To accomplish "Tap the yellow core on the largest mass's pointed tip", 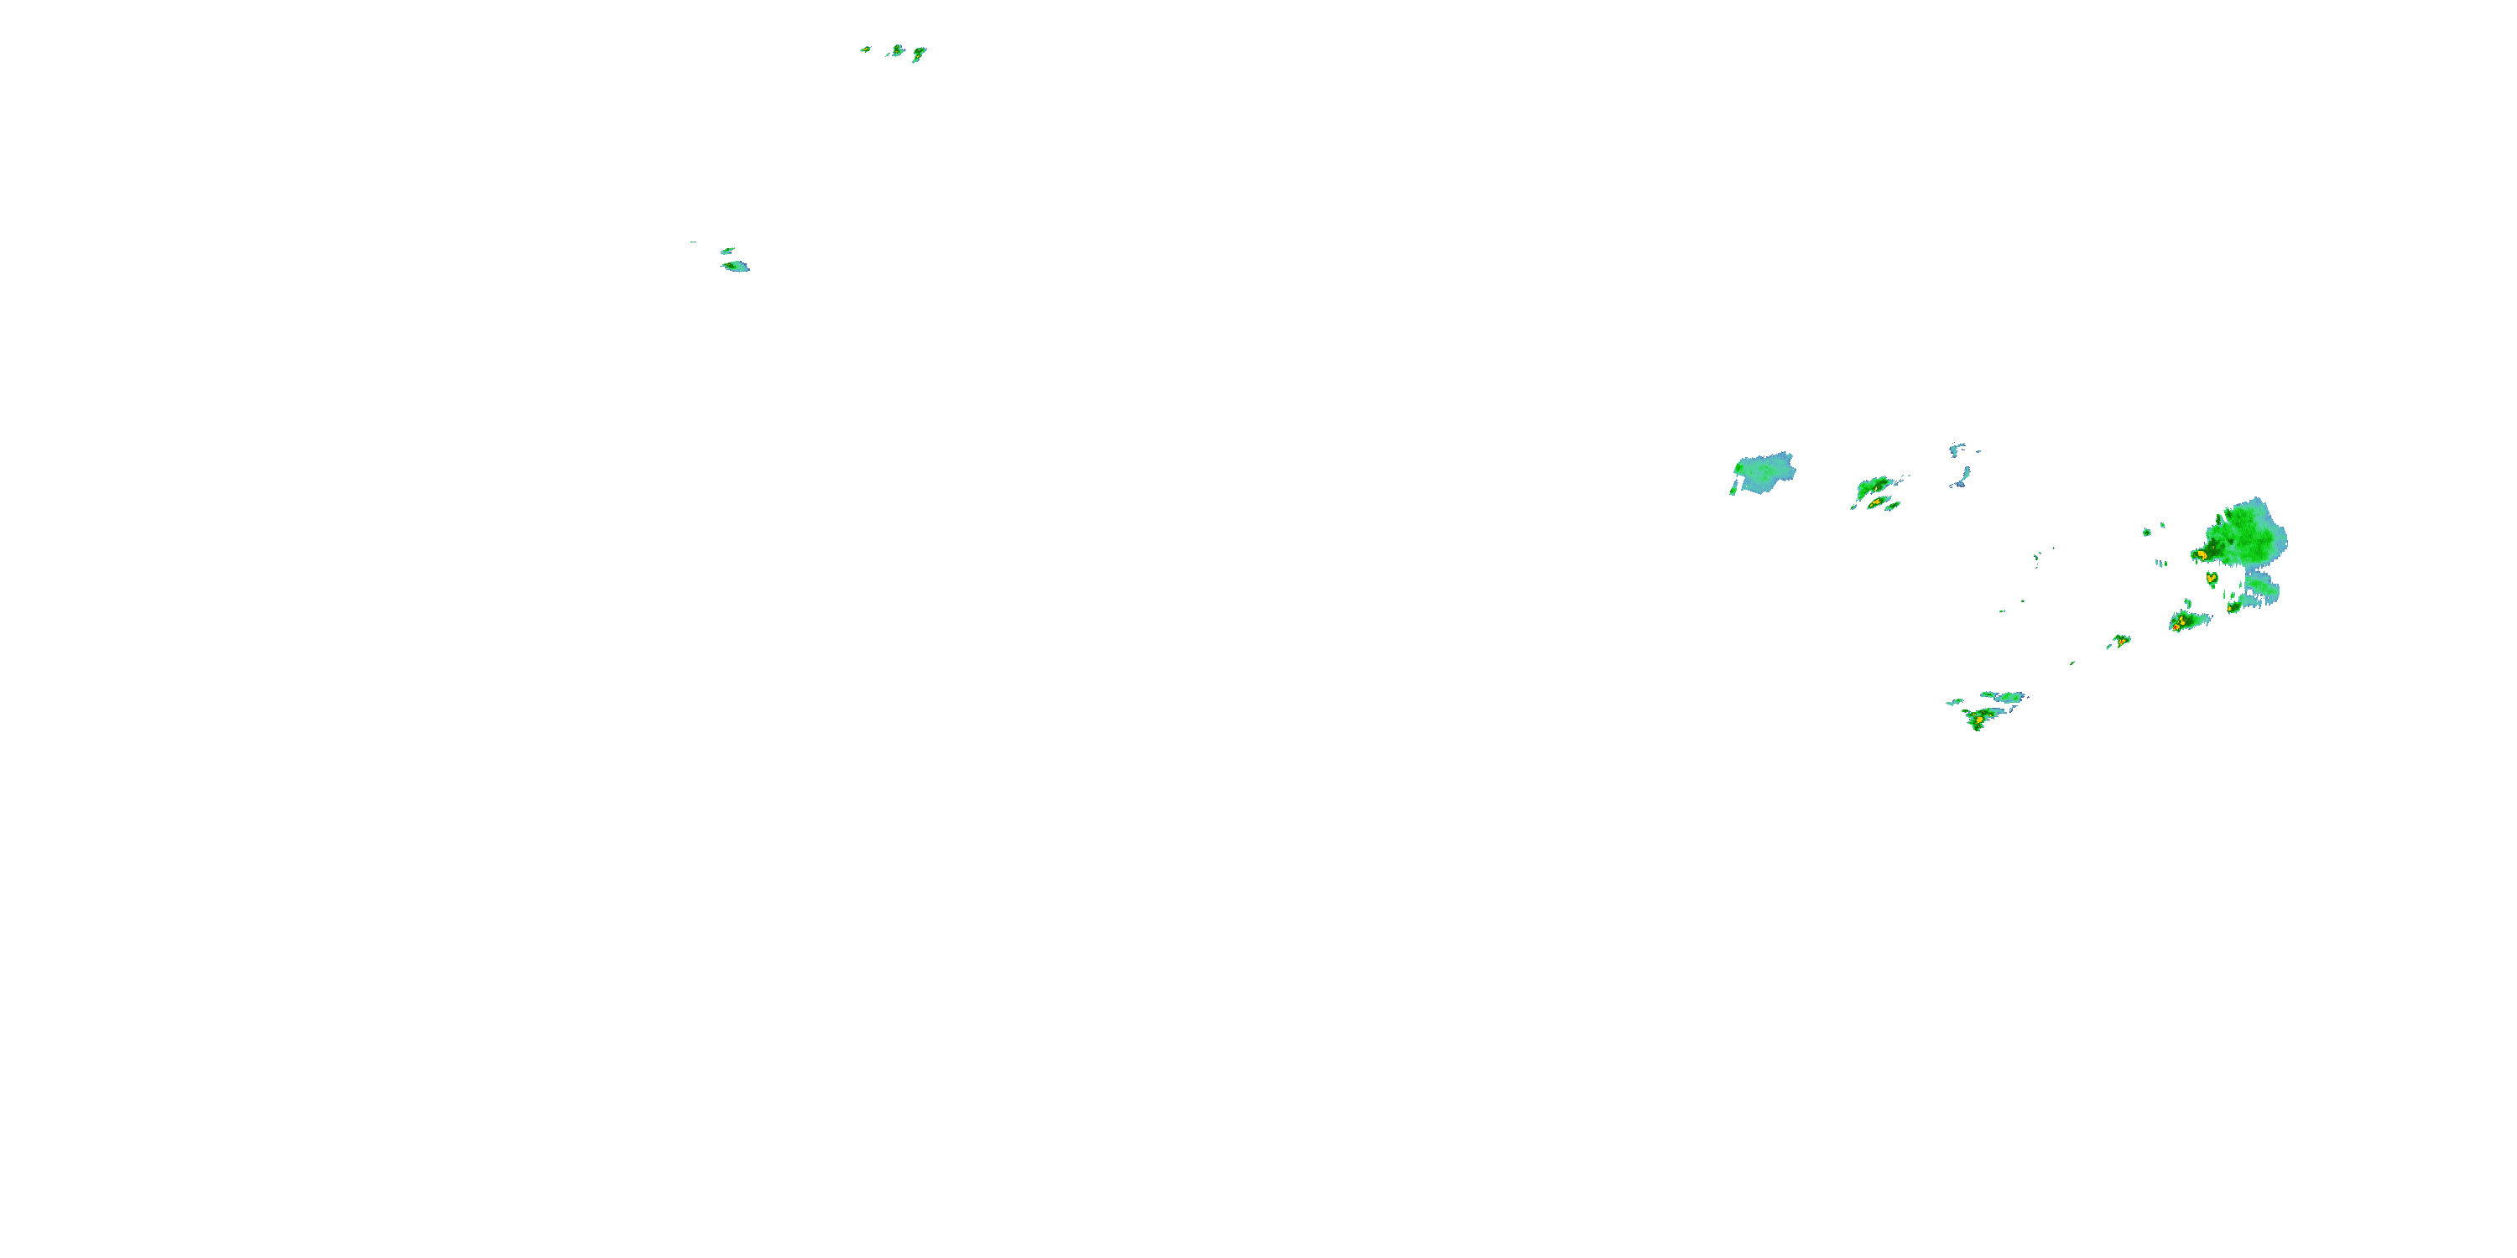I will [x=2201, y=554].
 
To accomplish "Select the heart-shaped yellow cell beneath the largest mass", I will [x=2211, y=578].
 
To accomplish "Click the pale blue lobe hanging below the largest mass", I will [x=2261, y=589].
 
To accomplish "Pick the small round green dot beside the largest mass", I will [x=2148, y=533].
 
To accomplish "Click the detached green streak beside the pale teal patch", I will [x=1733, y=486].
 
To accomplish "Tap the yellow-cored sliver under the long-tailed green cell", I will [x=1878, y=504].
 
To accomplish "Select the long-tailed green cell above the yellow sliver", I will [x=1873, y=487].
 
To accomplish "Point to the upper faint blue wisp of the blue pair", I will [x=1958, y=450].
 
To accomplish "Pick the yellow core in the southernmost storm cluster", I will [x=1978, y=720].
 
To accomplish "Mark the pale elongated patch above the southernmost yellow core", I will [x=2002, y=696].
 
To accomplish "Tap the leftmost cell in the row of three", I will [x=866, y=49].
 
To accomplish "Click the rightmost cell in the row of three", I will [x=919, y=54].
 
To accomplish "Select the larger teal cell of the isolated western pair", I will [x=735, y=266].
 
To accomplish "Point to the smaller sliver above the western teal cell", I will [x=727, y=251].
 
